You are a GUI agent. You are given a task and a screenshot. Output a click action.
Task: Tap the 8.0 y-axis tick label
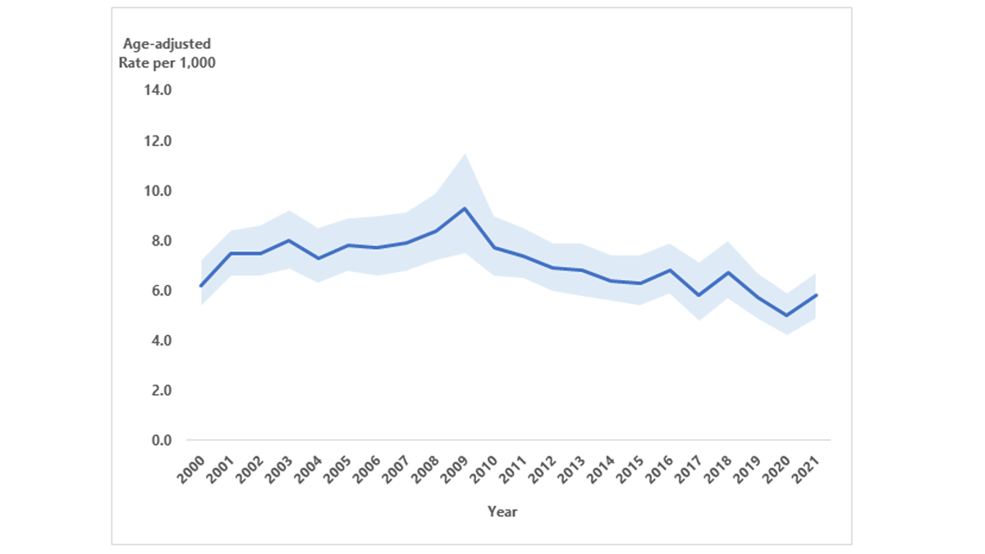click(x=159, y=241)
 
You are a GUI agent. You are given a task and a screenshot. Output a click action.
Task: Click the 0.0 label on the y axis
click(x=159, y=441)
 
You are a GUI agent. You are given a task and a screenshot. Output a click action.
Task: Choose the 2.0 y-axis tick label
click(x=159, y=391)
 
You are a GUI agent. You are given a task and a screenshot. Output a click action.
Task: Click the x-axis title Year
click(x=502, y=511)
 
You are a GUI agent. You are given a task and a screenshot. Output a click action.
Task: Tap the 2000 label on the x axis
click(x=191, y=469)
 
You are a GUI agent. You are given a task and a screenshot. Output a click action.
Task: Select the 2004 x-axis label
click(x=309, y=469)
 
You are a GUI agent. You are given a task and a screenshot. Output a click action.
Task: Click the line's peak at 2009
click(x=465, y=208)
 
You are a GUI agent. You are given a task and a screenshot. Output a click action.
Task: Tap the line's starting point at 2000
click(x=201, y=286)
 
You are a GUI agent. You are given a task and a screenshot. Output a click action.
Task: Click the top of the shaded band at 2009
click(x=465, y=153)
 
